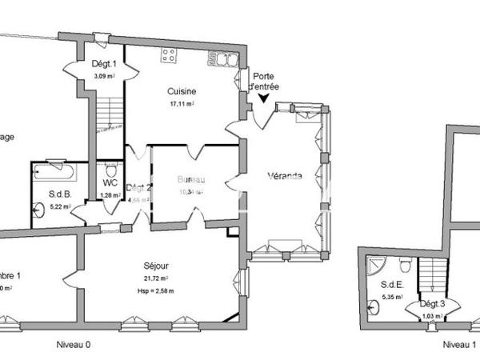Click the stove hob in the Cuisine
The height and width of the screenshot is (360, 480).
click(169, 55)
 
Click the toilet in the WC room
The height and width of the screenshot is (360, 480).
click(110, 170)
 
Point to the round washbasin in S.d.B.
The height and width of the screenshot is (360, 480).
click(40, 210)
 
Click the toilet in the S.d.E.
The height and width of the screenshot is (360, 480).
click(406, 266)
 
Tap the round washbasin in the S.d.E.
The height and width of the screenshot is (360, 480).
click(374, 305)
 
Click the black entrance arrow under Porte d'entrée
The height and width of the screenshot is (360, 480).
click(263, 98)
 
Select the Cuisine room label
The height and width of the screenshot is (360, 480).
click(182, 91)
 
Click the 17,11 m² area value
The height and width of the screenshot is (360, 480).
click(182, 104)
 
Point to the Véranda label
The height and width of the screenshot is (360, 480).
click(286, 177)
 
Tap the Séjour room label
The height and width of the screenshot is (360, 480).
click(155, 265)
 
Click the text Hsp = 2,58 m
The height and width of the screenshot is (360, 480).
click(155, 290)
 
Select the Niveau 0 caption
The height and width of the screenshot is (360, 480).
click(74, 345)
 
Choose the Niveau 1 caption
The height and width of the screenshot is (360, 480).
click(459, 345)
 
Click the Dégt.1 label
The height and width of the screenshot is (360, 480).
click(104, 64)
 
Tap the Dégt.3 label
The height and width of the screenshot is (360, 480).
click(432, 305)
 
